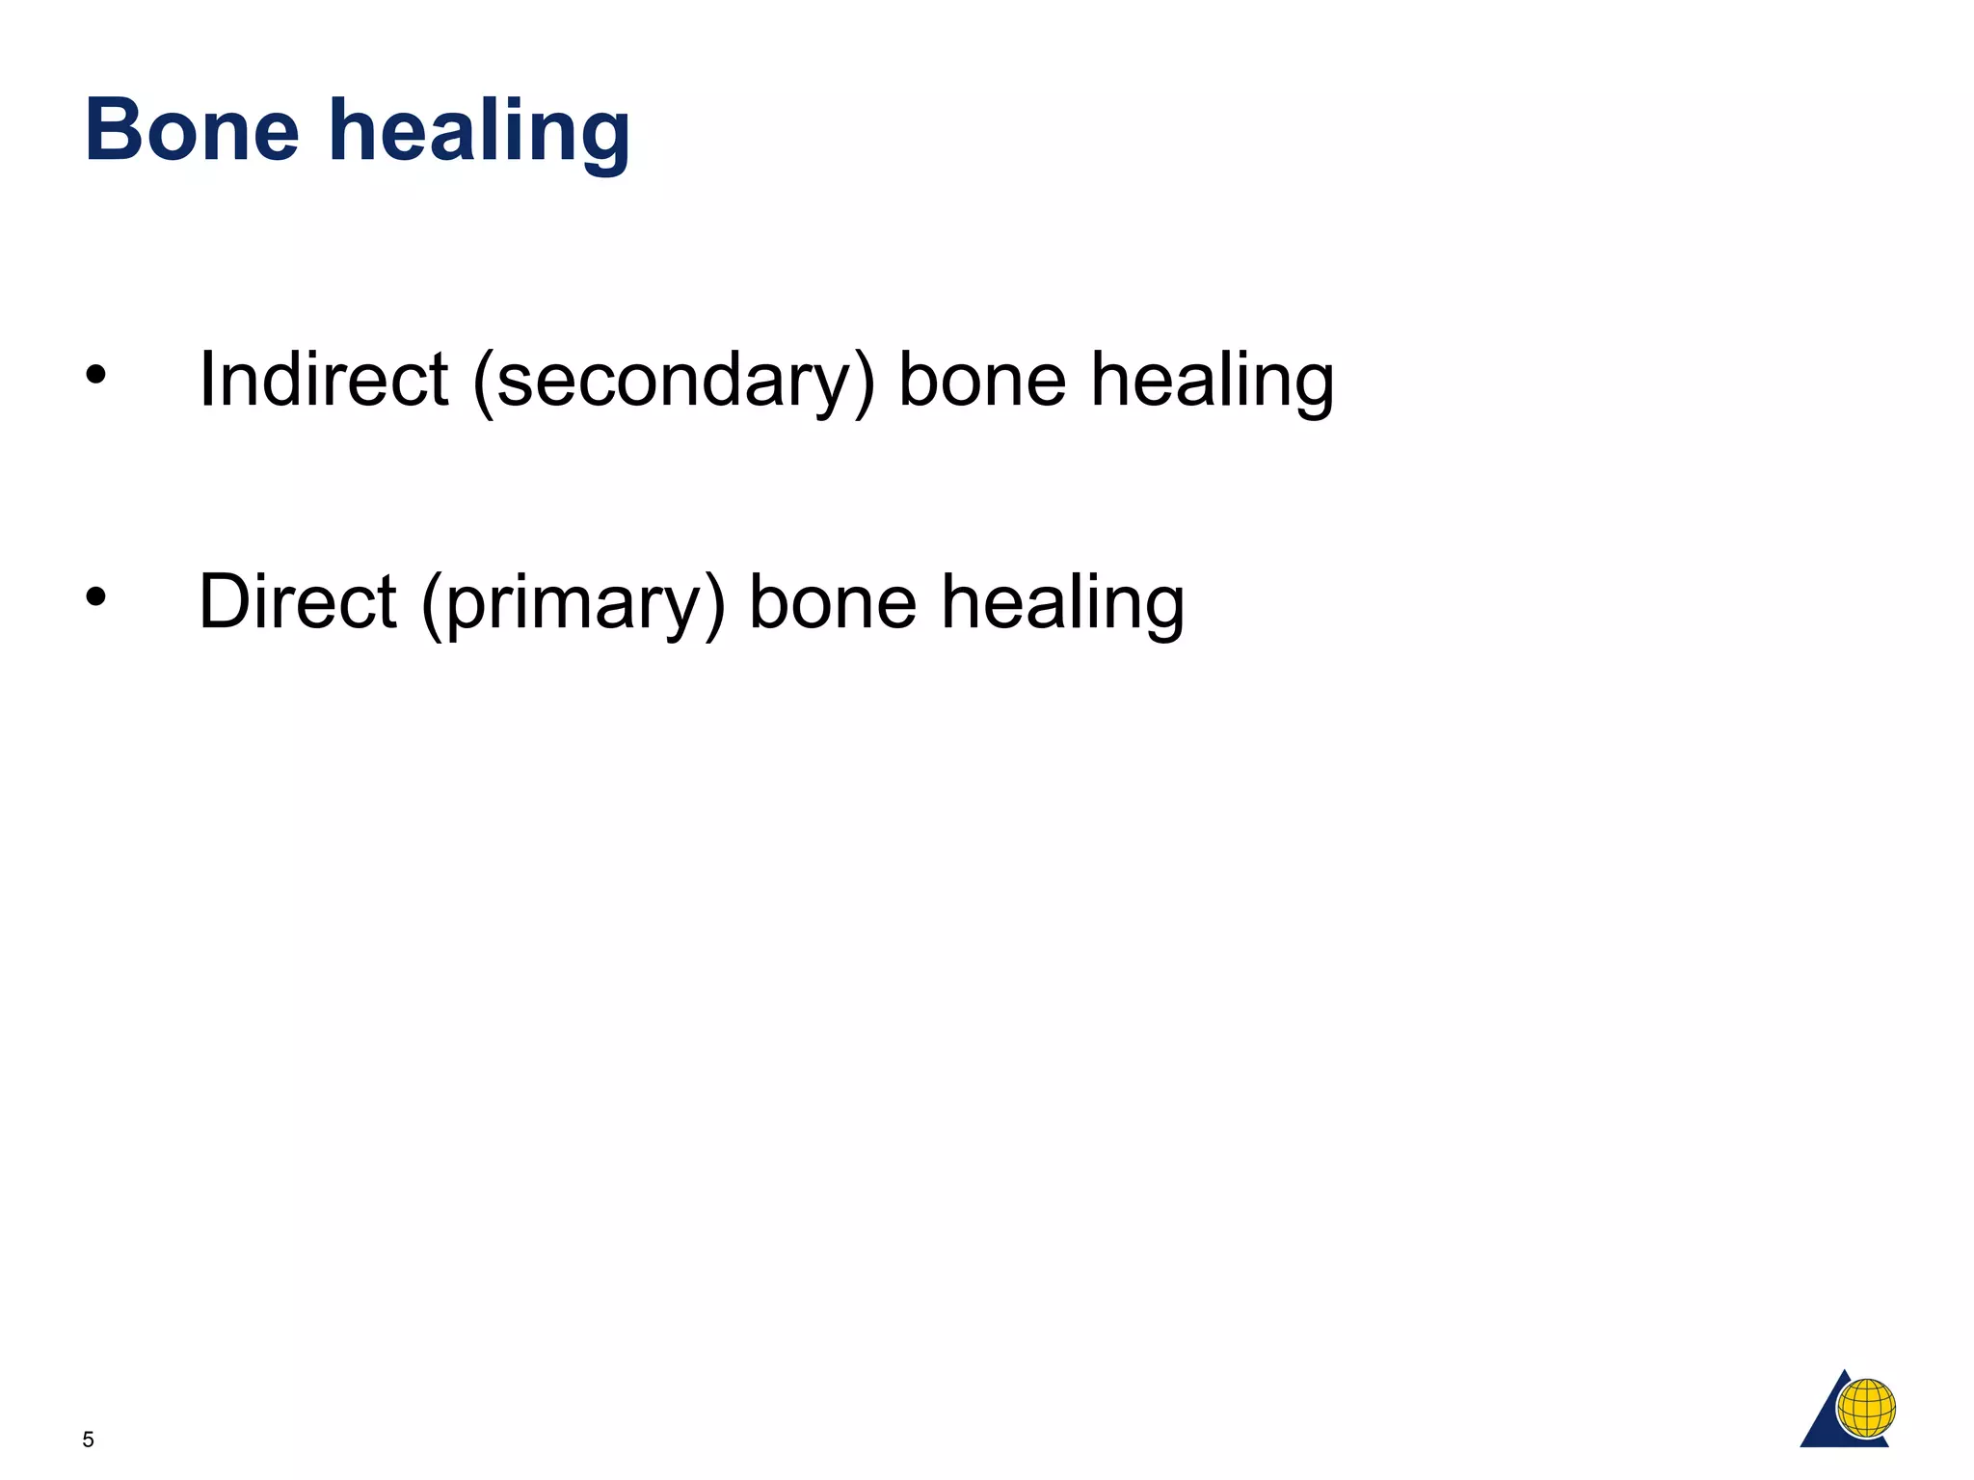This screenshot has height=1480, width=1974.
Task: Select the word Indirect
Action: tap(323, 379)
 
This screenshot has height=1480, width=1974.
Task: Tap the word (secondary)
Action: tap(673, 381)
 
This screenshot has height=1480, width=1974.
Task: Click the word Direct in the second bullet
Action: tap(297, 601)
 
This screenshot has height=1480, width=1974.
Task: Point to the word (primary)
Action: tap(573, 603)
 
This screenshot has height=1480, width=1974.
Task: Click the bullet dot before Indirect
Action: tap(94, 376)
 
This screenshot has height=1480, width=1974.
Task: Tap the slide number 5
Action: tap(89, 1440)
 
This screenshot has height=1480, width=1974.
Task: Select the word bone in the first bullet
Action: tap(982, 379)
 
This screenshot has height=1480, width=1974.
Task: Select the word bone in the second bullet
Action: tap(833, 601)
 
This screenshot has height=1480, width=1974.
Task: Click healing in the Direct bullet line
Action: tap(1063, 603)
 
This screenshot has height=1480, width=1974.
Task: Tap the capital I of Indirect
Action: tap(205, 379)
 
